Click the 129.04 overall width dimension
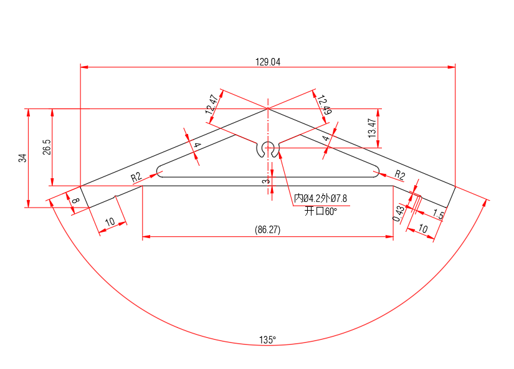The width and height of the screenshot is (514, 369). (x=268, y=62)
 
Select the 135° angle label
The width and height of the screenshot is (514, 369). (x=268, y=340)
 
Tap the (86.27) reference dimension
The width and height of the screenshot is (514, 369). (x=268, y=229)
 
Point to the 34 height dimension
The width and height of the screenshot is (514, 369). (x=23, y=158)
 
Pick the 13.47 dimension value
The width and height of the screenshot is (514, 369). (x=372, y=128)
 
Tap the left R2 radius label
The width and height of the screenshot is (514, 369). (x=137, y=177)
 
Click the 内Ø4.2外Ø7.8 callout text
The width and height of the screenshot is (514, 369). (x=320, y=199)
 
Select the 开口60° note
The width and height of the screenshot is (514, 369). (x=320, y=211)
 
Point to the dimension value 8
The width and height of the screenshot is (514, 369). (x=75, y=201)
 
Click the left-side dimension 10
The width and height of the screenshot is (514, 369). (x=110, y=222)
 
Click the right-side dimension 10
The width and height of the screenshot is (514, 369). (x=423, y=229)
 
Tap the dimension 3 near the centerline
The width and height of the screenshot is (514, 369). (x=265, y=181)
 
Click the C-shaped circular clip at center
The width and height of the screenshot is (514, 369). (x=269, y=150)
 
